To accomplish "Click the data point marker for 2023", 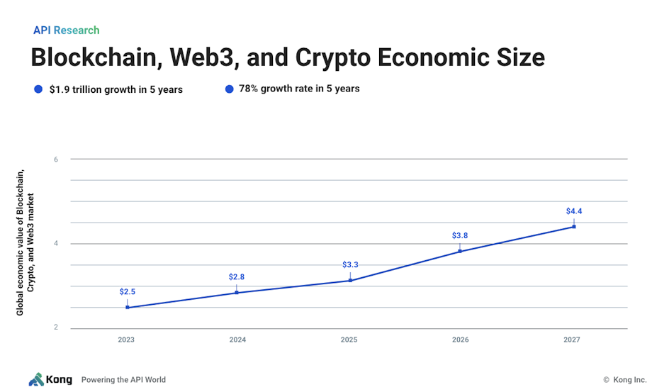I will click(128, 307).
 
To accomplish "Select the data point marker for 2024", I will click(237, 292).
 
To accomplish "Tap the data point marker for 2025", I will click(350, 280).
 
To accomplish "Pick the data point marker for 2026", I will click(460, 251).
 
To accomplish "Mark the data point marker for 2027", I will click(573, 226).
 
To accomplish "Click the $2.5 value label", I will click(127, 291).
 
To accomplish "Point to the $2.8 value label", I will click(236, 276).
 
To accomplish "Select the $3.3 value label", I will click(350, 264).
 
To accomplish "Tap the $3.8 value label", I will click(460, 235).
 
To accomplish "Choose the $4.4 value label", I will click(573, 211).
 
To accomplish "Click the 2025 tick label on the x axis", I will click(349, 340).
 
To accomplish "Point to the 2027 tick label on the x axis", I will click(572, 340).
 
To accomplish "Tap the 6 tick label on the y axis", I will click(55, 159).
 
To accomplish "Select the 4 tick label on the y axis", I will click(55, 244).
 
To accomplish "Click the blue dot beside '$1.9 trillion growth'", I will click(38, 89).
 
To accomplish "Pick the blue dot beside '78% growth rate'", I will click(229, 89).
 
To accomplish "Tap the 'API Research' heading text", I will click(66, 30).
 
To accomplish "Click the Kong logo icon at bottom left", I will click(35, 379).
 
